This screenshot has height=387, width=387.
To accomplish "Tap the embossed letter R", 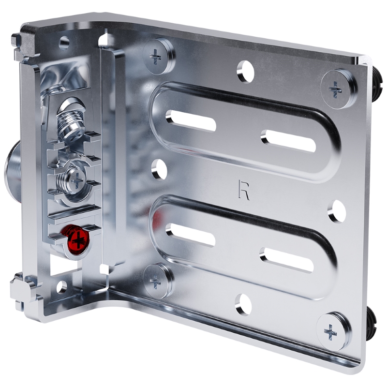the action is tap(244, 190).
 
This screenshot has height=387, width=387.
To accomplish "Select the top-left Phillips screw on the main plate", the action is tap(159, 56).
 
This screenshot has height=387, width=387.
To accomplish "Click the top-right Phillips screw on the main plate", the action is tap(338, 89).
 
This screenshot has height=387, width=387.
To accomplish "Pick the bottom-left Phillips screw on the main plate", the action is tap(158, 281).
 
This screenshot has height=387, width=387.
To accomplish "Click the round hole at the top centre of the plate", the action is tap(245, 71).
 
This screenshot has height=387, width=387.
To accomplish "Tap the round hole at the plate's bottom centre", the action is tap(243, 304).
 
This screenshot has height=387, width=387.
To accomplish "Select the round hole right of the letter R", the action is tap(337, 211).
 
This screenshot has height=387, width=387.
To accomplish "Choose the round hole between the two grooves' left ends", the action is tap(159, 169).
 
